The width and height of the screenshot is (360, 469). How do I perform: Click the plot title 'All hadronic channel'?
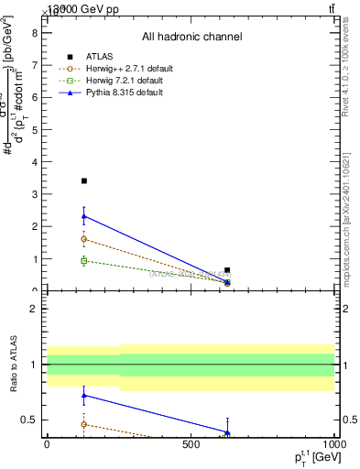tap(191, 37)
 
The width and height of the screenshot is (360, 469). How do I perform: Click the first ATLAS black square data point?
tap(84, 181)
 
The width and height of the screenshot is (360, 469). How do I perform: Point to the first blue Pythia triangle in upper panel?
tap(84, 216)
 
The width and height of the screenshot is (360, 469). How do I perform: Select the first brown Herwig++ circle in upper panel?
tap(84, 239)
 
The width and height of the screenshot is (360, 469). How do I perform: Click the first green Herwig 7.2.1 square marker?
tap(84, 261)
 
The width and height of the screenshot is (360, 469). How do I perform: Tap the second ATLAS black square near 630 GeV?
tap(227, 270)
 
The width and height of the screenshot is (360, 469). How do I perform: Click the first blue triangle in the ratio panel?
tap(84, 396)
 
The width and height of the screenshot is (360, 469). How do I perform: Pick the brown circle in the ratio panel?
tap(84, 424)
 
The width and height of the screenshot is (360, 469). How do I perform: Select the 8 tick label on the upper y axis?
tap(35, 33)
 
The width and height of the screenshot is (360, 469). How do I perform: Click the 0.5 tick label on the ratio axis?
tap(29, 420)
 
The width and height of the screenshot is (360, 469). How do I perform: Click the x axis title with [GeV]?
tap(312, 457)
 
